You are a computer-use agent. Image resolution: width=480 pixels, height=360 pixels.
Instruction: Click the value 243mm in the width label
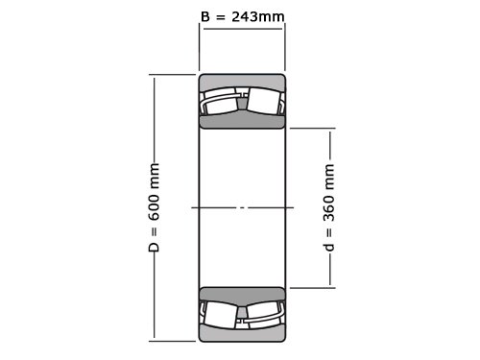258,16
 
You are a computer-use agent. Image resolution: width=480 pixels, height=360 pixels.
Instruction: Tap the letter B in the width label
205,16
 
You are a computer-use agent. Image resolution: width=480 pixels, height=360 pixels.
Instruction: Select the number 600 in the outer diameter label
155,207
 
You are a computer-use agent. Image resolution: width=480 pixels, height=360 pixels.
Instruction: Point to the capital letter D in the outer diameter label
155,247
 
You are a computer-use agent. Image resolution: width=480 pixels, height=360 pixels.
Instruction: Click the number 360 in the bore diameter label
329,208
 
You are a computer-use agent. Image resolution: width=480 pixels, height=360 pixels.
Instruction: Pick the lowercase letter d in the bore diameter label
329,247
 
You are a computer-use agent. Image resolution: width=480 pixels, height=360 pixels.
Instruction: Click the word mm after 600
155,176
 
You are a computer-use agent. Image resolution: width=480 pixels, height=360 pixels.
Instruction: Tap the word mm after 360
329,177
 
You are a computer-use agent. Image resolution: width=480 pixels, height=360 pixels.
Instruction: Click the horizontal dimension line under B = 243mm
243,29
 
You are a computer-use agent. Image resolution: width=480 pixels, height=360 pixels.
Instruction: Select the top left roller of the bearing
221,102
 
